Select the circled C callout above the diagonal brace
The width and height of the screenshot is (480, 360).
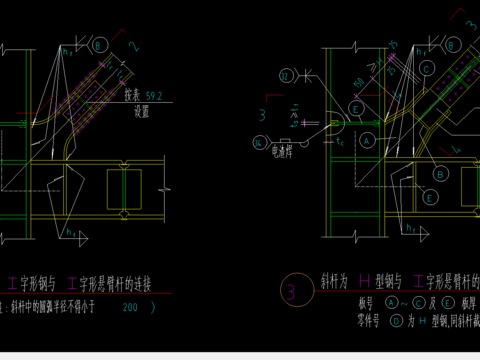[426, 68]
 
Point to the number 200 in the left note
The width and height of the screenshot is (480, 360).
[130, 308]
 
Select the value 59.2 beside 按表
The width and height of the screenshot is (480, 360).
[153, 96]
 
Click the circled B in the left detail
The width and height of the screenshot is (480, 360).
[98, 45]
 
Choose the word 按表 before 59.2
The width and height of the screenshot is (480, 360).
[133, 96]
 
